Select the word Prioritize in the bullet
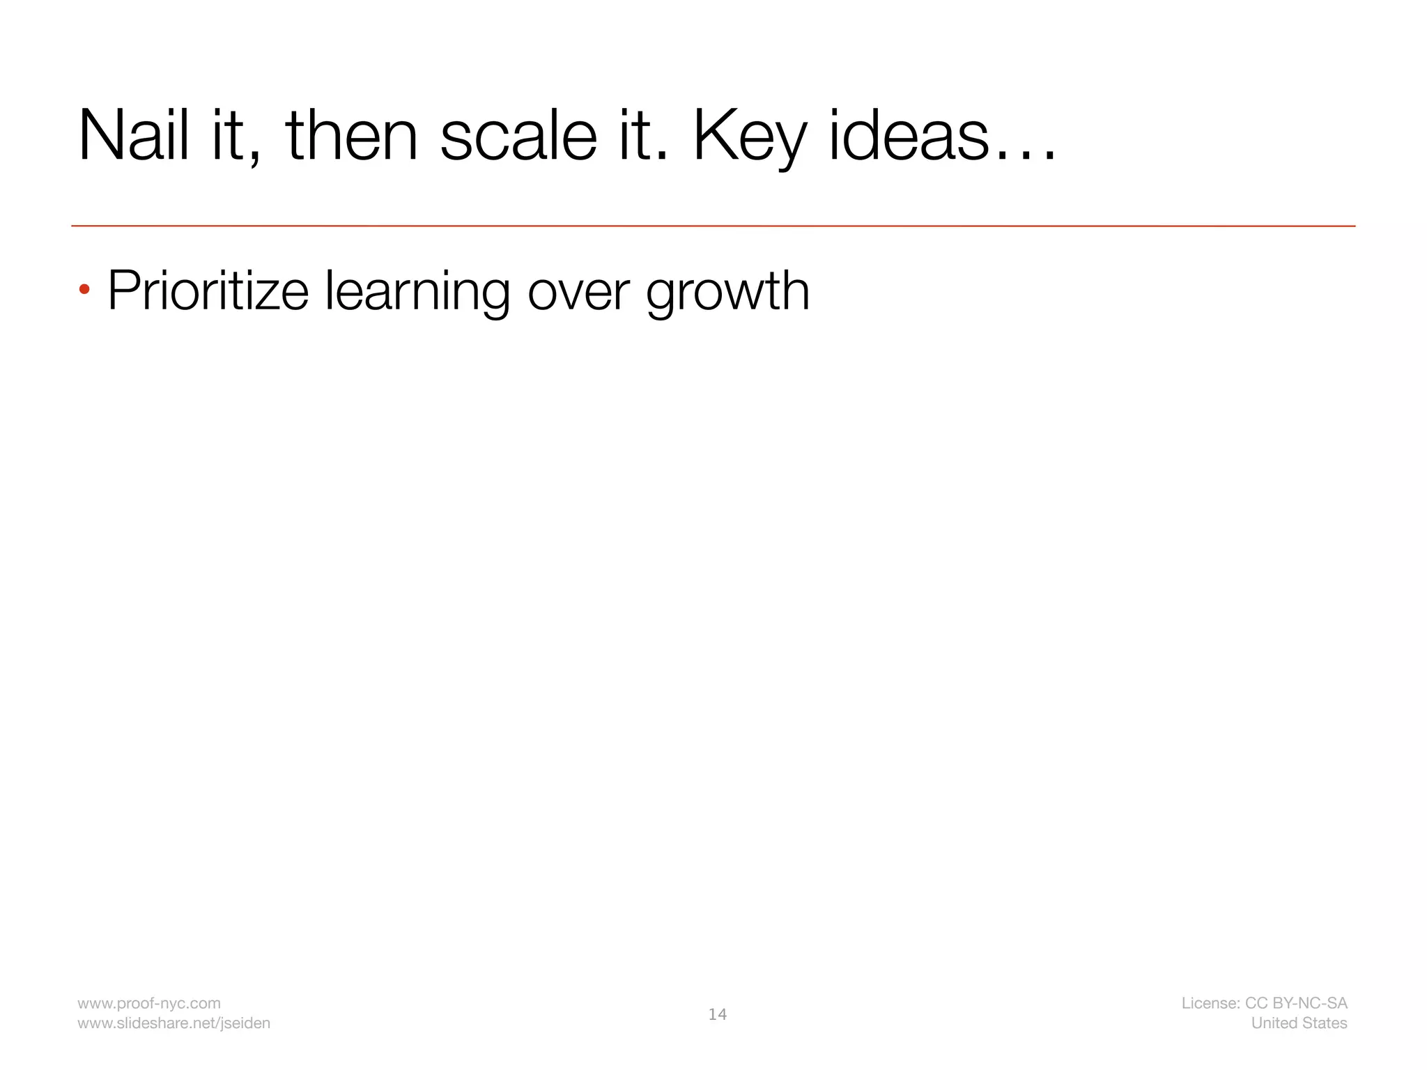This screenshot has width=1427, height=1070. (208, 291)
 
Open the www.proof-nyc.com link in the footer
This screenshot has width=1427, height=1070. (148, 1003)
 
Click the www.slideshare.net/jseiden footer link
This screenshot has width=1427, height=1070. (173, 1023)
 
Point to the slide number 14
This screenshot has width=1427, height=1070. (717, 1014)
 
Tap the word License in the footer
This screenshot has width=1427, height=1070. (1210, 1003)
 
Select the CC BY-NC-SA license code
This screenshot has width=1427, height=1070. (1296, 1003)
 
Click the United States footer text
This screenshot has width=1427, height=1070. (1299, 1023)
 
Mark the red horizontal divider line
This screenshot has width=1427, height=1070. (713, 226)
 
